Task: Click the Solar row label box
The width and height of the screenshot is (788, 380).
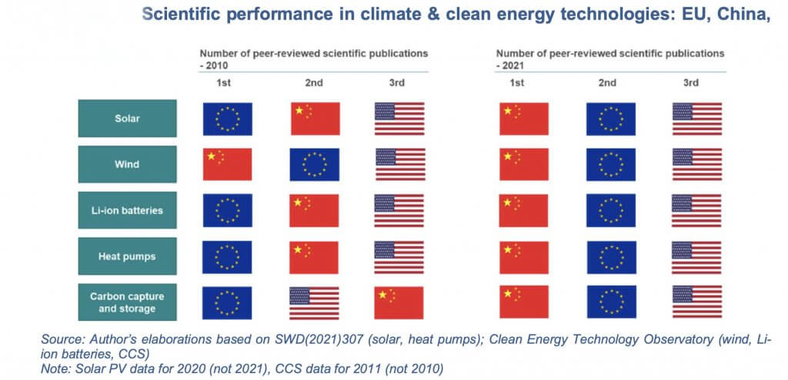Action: click(x=127, y=118)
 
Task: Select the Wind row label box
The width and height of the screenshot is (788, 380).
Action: click(x=127, y=164)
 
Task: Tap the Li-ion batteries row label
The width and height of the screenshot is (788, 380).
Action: click(x=127, y=211)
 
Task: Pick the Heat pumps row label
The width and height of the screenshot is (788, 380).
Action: click(x=127, y=256)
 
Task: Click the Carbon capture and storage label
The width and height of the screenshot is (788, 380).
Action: click(x=127, y=302)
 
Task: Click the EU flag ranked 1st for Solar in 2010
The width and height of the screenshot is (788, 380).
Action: click(x=227, y=118)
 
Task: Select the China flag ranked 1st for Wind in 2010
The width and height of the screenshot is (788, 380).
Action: click(x=227, y=165)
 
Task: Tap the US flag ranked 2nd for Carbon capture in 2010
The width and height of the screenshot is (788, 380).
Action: click(x=314, y=303)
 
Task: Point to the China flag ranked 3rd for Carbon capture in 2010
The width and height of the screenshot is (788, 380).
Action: click(x=399, y=303)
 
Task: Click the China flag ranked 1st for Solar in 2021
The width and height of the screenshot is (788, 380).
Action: click(x=523, y=118)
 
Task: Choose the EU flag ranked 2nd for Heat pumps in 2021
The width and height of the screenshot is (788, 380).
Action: click(x=611, y=257)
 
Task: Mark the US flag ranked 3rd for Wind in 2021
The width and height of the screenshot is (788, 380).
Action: click(x=696, y=165)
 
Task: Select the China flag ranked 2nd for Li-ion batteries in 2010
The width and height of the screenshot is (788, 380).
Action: click(x=314, y=211)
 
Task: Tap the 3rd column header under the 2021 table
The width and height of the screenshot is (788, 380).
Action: click(x=690, y=83)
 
